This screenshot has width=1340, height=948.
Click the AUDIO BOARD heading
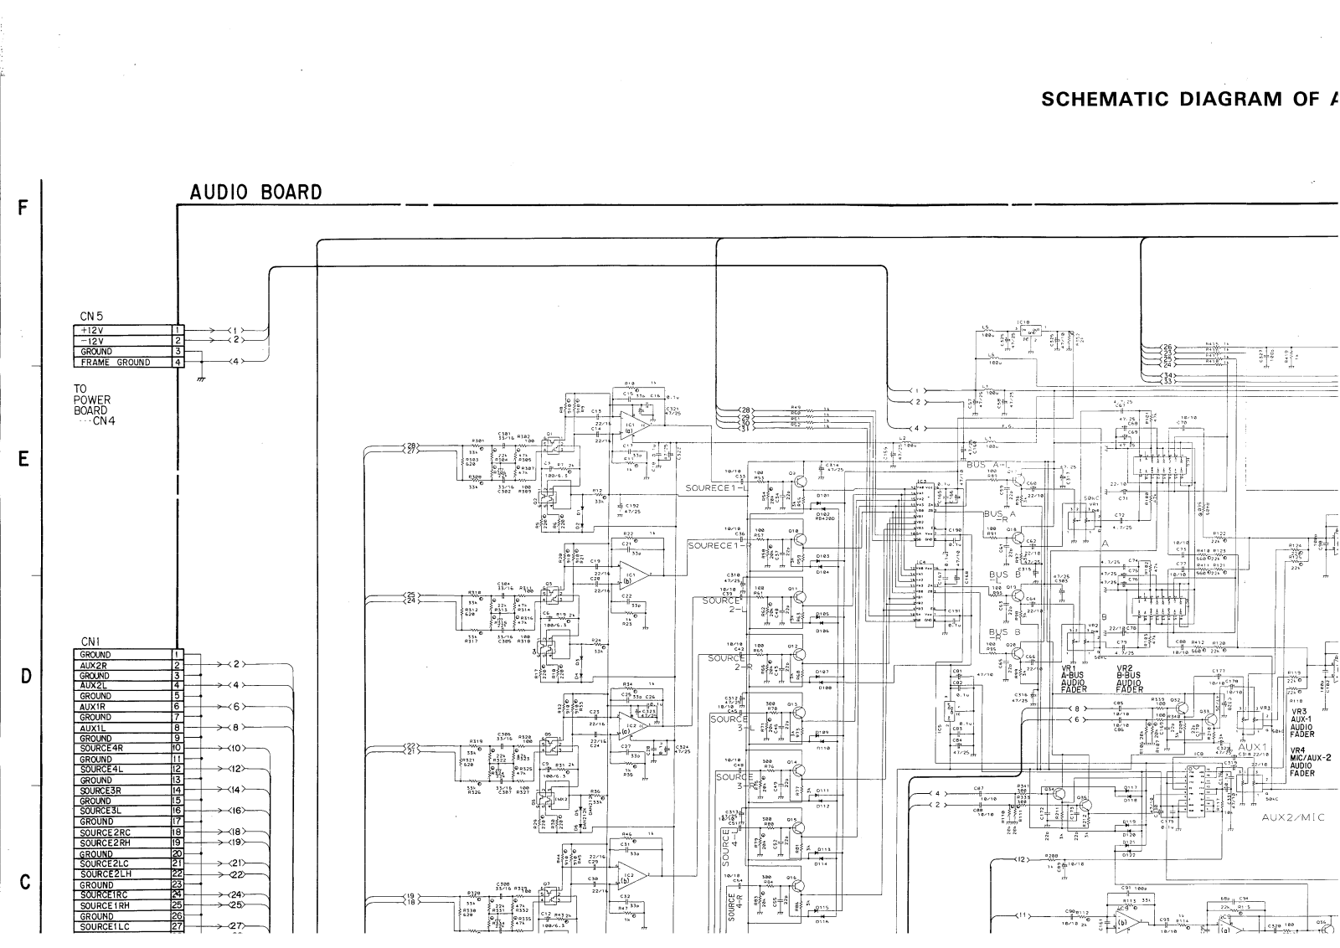click(x=255, y=193)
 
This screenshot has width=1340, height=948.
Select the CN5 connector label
click(x=91, y=317)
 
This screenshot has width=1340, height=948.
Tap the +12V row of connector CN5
click(x=121, y=331)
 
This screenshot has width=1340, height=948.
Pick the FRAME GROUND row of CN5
click(x=121, y=363)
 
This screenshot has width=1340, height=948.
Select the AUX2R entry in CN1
click(x=121, y=665)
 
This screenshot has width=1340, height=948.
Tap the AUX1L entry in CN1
click(x=121, y=728)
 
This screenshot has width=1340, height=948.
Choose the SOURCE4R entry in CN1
click(x=121, y=748)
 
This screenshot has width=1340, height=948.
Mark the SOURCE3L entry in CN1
click(x=121, y=811)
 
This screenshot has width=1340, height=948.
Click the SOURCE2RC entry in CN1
click(x=121, y=832)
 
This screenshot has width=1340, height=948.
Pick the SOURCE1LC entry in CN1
click(x=121, y=926)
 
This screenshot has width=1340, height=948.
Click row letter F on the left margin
click(x=24, y=209)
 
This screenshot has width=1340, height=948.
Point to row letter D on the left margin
click(x=25, y=677)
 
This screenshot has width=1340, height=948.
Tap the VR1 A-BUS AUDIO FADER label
click(x=1073, y=679)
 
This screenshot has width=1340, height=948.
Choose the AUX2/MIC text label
click(x=1293, y=817)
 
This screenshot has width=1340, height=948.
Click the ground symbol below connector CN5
click(x=200, y=379)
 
